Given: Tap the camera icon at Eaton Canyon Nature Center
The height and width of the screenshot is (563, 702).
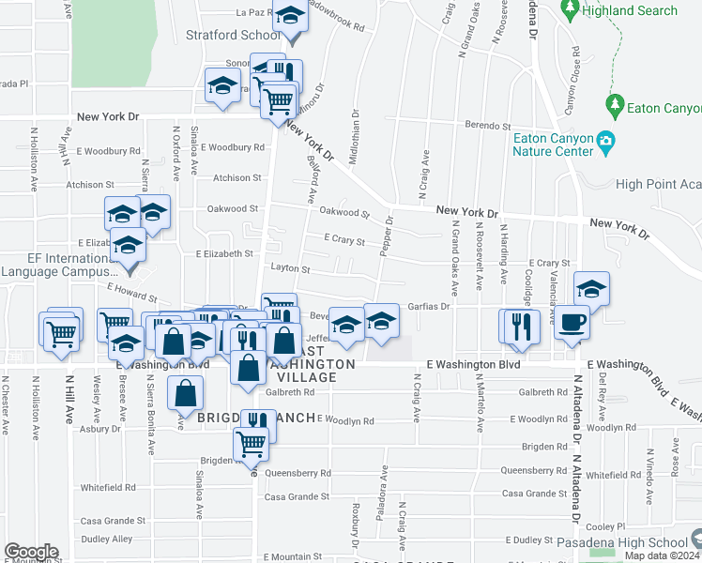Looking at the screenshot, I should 606,143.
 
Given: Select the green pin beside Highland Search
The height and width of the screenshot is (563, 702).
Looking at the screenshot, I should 570,10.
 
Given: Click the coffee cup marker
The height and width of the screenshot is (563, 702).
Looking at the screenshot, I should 572,322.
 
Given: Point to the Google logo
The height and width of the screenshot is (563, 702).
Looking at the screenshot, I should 31,552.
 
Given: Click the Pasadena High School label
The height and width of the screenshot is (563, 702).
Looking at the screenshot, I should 622,542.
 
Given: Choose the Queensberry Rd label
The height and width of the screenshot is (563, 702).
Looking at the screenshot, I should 298,473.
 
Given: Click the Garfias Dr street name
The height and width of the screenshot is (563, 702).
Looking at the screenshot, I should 430,306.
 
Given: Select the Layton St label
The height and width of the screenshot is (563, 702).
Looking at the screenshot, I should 290,268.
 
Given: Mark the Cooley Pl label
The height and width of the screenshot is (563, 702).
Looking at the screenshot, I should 606,526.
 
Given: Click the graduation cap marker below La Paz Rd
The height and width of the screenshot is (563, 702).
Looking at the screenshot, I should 291,19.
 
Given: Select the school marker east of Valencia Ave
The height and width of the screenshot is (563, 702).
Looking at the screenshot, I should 591,289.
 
